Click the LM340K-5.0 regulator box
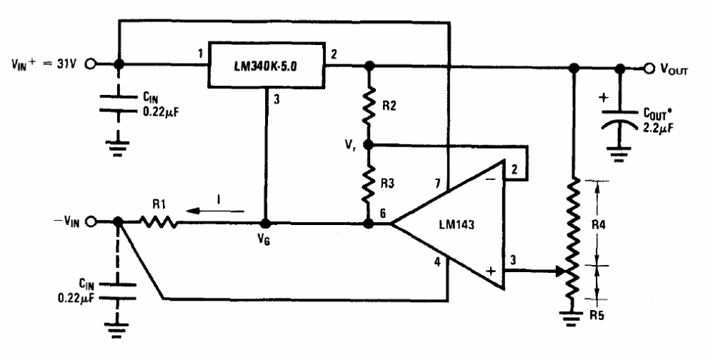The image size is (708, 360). pos(266,65)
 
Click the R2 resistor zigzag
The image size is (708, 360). pos(369,106)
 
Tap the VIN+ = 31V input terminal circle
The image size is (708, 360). pos(90,64)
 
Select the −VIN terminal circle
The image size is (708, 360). pos(90,222)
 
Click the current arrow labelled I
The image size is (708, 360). pos(216,211)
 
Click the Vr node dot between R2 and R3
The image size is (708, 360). pos(369,145)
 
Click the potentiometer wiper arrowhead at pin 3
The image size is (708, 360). pos(559,271)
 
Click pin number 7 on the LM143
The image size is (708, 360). pos(437,183)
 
